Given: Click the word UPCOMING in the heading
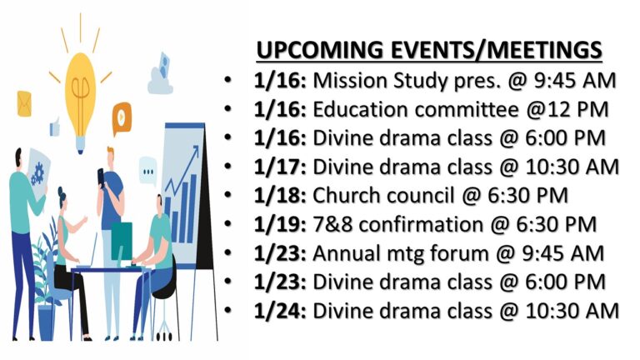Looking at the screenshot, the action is (320, 50).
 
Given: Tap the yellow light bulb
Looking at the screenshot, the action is (80, 100).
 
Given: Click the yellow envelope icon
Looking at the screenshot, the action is (24, 103).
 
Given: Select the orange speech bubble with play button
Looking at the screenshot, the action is (122, 117).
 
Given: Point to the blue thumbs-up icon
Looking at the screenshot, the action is (54, 127).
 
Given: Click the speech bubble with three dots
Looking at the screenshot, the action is (147, 171).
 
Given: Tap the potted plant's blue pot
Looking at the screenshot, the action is (46, 322).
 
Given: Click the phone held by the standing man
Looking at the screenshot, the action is (100, 177).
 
